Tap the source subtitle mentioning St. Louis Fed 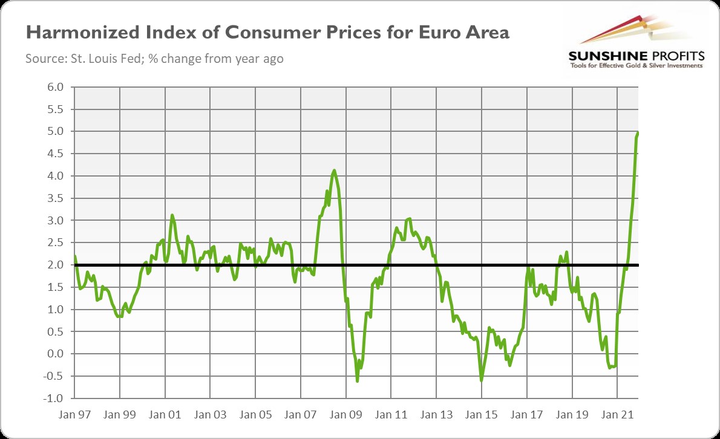[x=154, y=59]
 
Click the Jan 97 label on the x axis [x=74, y=415]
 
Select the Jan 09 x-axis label [x=346, y=415]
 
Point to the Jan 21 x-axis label [x=617, y=415]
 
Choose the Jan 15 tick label [x=482, y=415]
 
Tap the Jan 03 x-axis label [x=211, y=415]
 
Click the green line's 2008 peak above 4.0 [x=334, y=171]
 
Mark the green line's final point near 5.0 [x=639, y=132]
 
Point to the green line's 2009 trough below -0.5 [x=357, y=381]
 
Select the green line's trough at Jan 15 [x=482, y=380]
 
